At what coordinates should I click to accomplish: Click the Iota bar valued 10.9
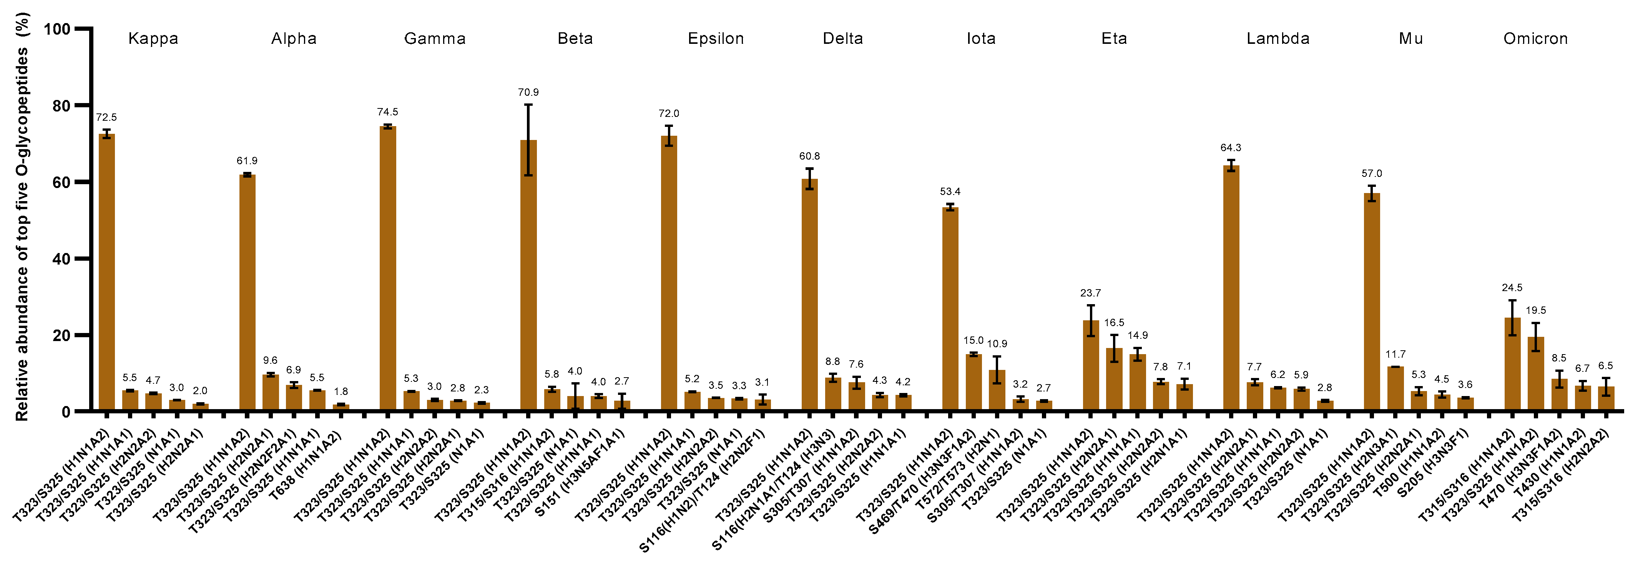click(x=997, y=391)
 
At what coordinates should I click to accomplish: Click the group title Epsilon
click(x=715, y=39)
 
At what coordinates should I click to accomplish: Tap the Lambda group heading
click(x=1278, y=39)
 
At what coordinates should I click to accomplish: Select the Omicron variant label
click(x=1535, y=39)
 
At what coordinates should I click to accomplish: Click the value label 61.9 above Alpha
click(x=247, y=161)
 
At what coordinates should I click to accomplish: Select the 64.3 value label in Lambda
click(x=1230, y=148)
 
